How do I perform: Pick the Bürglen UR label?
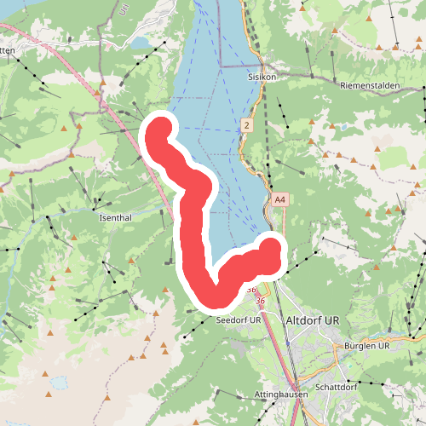click(x=367, y=346)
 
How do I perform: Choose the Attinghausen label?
click(x=279, y=395)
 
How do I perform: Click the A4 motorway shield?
click(x=279, y=199)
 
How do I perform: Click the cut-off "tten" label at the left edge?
click(x=7, y=50)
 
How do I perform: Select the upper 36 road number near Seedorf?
click(x=252, y=290)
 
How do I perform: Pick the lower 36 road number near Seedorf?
click(x=260, y=302)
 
